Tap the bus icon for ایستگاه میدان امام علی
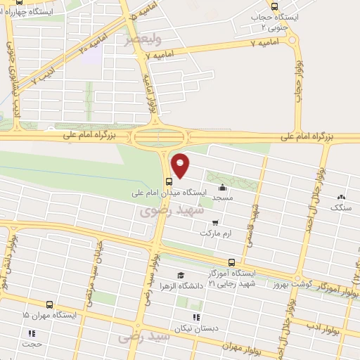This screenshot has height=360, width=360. pos(167,180)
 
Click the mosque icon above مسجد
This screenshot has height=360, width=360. pos(223,188)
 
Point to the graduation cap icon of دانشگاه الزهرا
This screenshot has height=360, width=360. pos(181,275)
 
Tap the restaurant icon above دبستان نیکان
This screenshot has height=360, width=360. pos(196,317)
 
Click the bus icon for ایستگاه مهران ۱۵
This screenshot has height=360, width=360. pos(49,305)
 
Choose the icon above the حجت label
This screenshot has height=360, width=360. pos(31,333)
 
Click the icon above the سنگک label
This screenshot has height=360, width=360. pos(342,198)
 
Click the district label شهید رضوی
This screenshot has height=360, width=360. pos(172,210)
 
